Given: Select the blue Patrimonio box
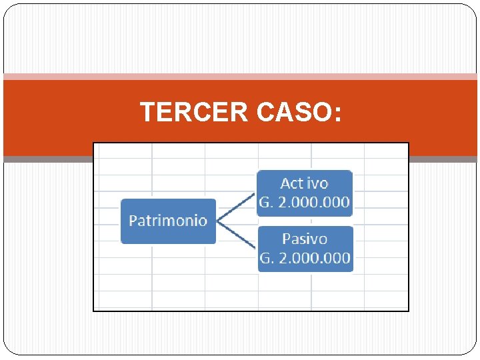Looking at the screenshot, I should tap(168, 221).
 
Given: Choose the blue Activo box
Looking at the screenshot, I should tap(305, 193).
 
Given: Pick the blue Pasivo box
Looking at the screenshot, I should tap(305, 249).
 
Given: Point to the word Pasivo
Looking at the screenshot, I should tap(305, 239).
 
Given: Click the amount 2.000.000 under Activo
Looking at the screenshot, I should tap(313, 203).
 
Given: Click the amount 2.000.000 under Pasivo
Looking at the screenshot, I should tap(313, 259).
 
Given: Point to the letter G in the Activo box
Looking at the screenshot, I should tap(265, 203).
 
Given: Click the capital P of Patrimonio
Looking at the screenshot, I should tap(133, 220).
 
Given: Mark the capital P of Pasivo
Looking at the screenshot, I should tap(287, 239).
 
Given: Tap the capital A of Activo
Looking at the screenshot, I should tap(286, 183).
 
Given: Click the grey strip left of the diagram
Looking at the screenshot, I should tap(47, 159).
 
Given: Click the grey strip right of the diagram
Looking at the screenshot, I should tap(443, 159).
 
